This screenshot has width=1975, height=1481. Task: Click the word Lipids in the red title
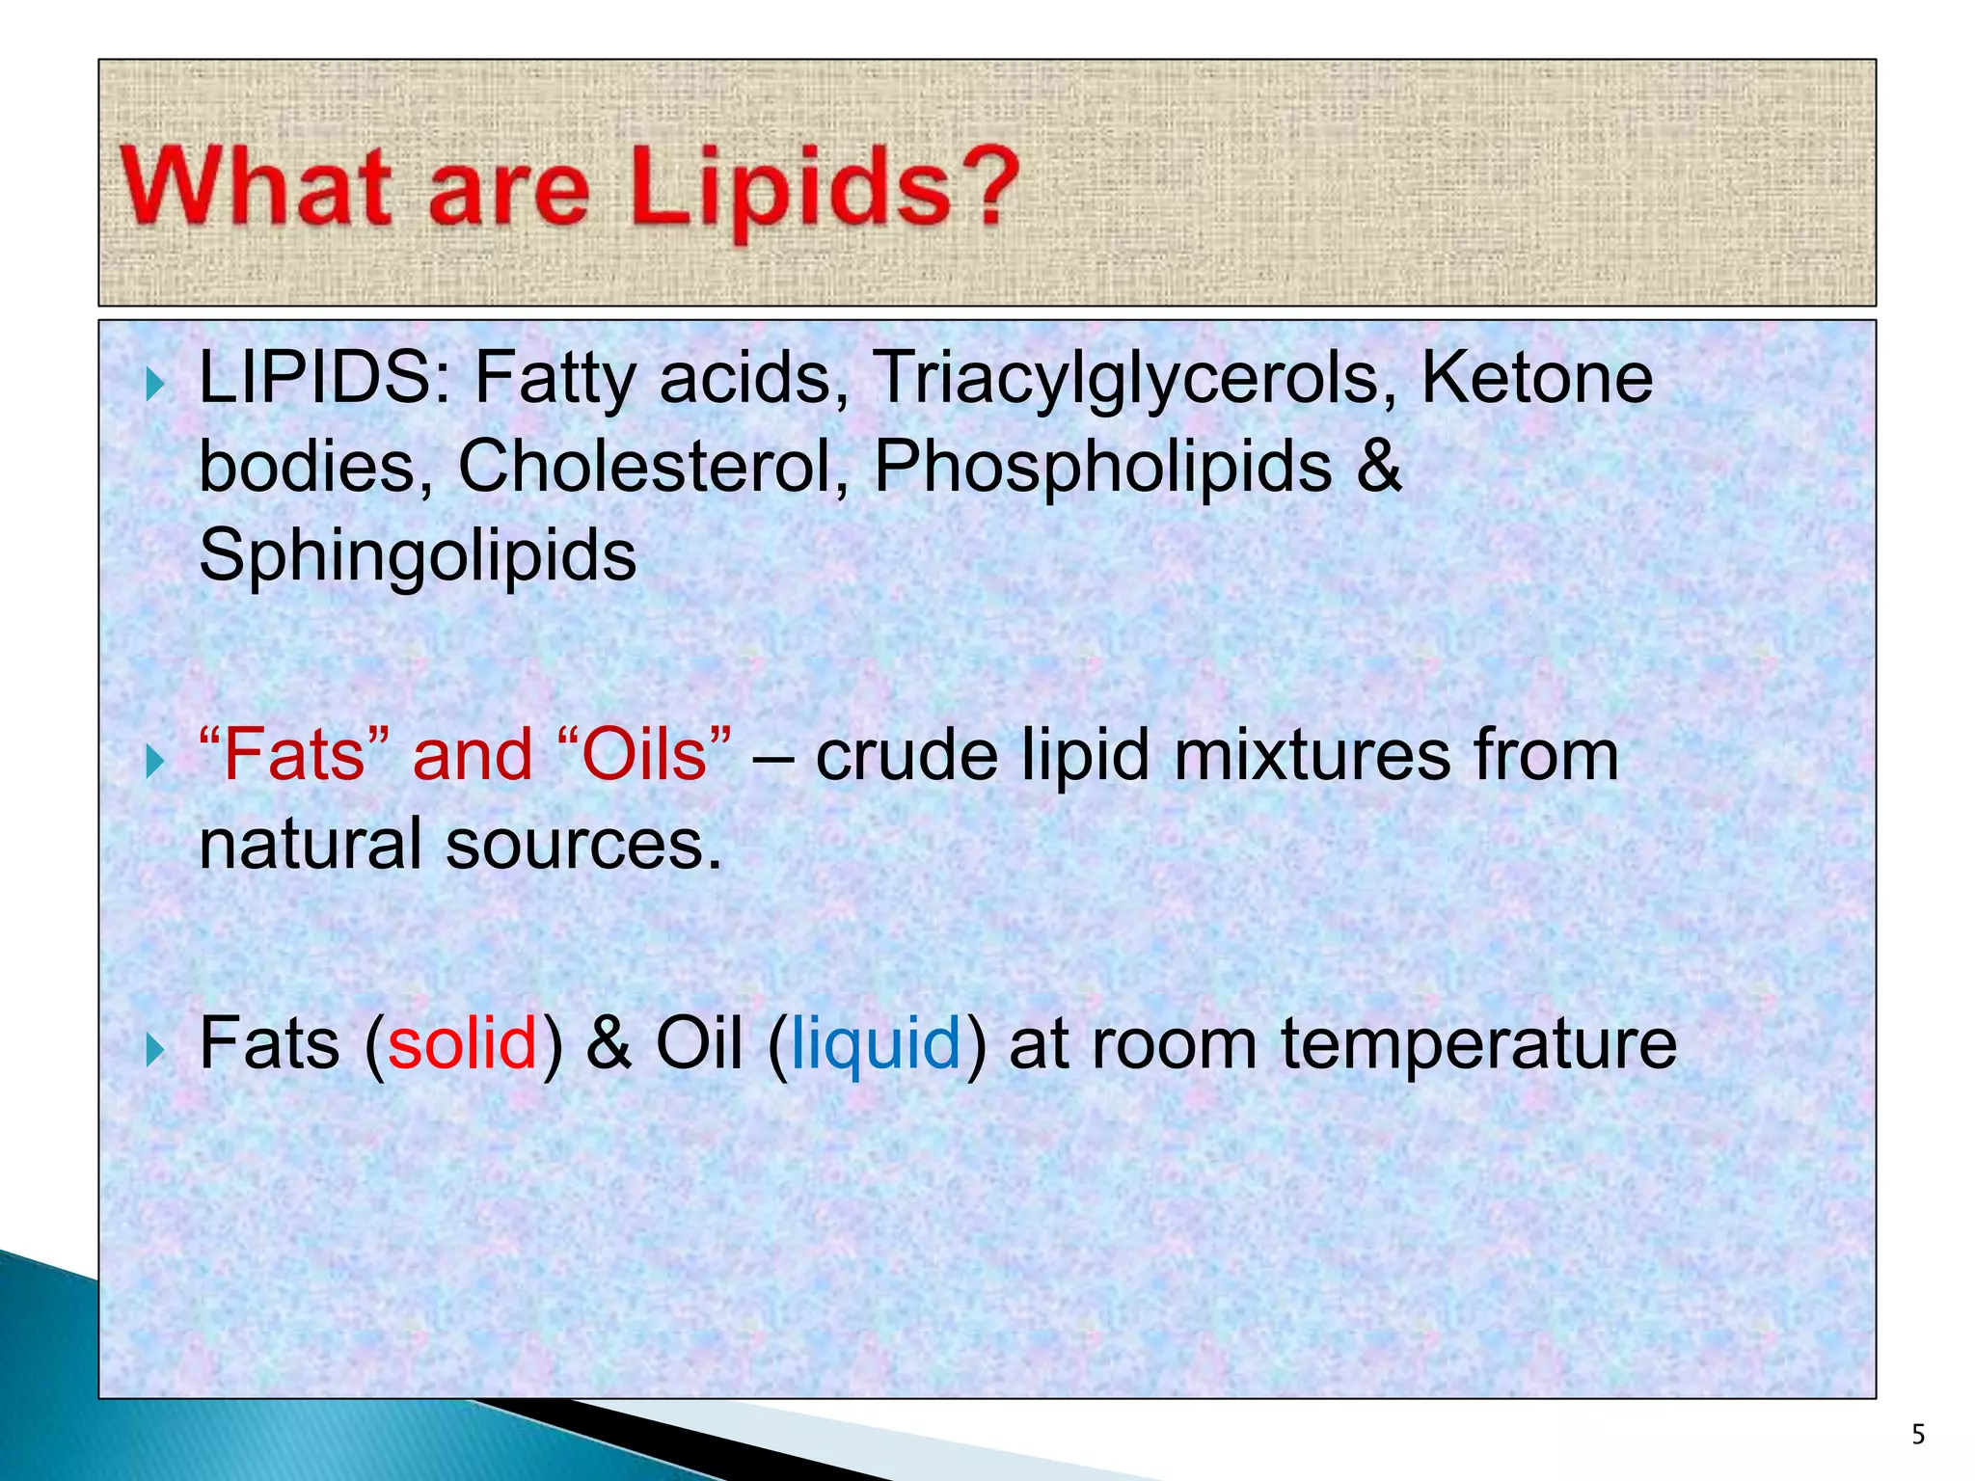point(790,188)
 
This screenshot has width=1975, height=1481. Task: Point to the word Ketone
point(1537,378)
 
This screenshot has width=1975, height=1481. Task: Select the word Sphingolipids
point(418,557)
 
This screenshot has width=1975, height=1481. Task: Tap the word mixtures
point(1312,755)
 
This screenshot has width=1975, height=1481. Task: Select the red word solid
point(462,1044)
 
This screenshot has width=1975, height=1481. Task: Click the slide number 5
point(1918,1436)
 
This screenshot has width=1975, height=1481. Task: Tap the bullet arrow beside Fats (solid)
point(153,1049)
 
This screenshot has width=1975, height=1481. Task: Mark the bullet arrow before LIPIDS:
point(153,386)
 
